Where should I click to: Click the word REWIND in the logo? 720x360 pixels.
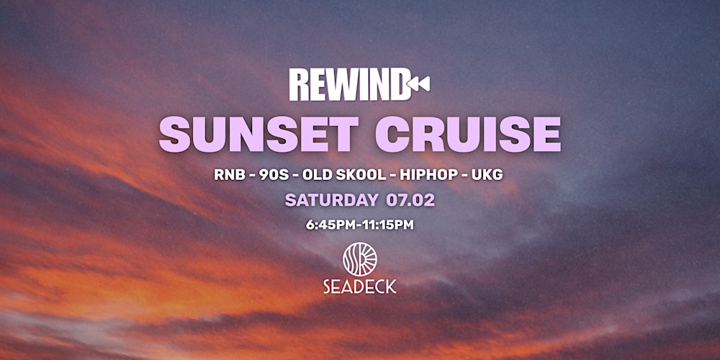point(349,85)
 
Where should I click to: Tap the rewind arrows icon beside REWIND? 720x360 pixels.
point(420,85)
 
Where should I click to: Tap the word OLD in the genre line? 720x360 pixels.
point(317,174)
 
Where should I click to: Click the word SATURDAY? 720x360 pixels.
point(331,200)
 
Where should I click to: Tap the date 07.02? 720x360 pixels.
point(410,200)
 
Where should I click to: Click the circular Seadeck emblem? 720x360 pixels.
point(360,257)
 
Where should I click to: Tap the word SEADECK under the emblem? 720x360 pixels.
point(360,287)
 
